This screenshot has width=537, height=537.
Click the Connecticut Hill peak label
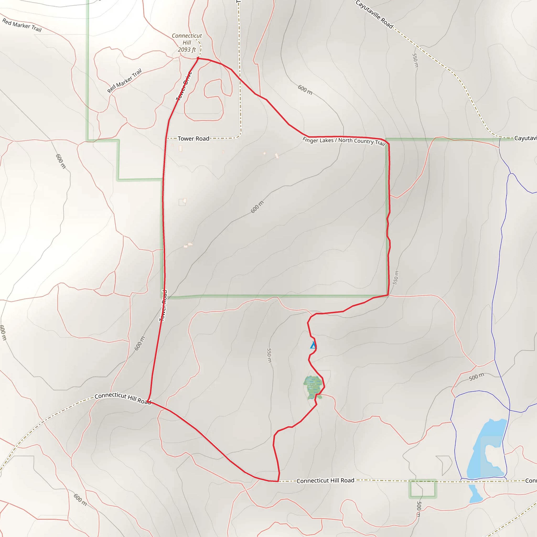(187, 39)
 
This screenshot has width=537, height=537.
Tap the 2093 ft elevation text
(187, 50)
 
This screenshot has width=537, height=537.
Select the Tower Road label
(194, 138)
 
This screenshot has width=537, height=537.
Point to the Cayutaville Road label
(374, 14)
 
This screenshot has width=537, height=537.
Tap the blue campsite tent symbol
(313, 345)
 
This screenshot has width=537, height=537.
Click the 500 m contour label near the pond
(476, 377)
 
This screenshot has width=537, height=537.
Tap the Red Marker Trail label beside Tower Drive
(125, 80)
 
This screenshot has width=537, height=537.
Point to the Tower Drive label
(184, 86)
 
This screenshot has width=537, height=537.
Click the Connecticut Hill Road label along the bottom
(325, 481)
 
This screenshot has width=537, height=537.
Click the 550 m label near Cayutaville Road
(415, 60)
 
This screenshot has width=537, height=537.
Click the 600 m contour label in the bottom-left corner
(80, 500)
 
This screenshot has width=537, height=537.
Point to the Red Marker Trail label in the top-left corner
(22, 25)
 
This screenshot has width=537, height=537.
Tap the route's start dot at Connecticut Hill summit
(198, 58)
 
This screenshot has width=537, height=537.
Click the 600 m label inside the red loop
(257, 207)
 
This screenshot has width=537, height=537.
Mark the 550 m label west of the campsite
(269, 355)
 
